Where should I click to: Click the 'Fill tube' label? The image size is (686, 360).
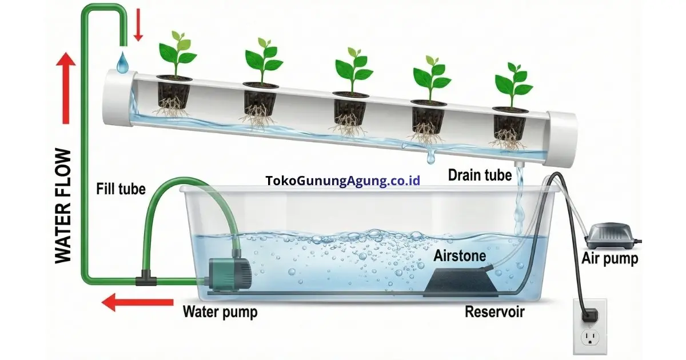[x=121, y=188]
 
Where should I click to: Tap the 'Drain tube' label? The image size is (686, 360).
[x=479, y=175]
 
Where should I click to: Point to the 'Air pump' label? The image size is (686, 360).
[x=609, y=259]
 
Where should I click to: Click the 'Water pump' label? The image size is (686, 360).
[x=220, y=312]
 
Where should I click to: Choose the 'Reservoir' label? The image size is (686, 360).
[x=494, y=312]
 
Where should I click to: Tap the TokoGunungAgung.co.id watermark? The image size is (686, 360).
[x=343, y=181]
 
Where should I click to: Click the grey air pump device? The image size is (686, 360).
[x=611, y=235]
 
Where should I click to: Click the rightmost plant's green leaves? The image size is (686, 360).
[x=513, y=83]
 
